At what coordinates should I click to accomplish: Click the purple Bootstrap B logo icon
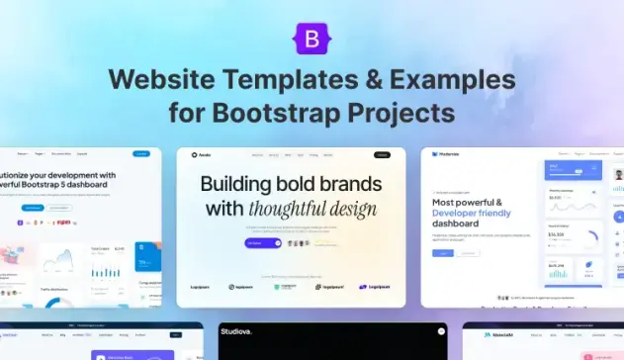tap(312, 39)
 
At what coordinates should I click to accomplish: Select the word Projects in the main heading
tap(400, 111)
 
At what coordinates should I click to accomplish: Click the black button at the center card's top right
tap(382, 155)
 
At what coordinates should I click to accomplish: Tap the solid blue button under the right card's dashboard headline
tap(442, 253)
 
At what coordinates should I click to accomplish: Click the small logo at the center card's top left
tap(195, 155)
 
